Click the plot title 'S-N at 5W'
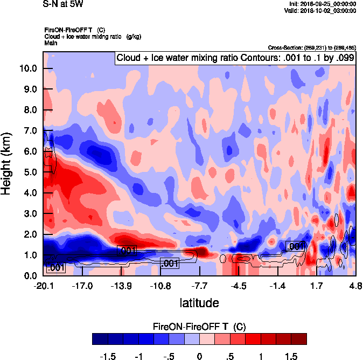point(62,4)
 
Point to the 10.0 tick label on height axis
point(28,68)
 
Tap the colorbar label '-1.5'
point(108,356)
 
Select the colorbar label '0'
point(199,356)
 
